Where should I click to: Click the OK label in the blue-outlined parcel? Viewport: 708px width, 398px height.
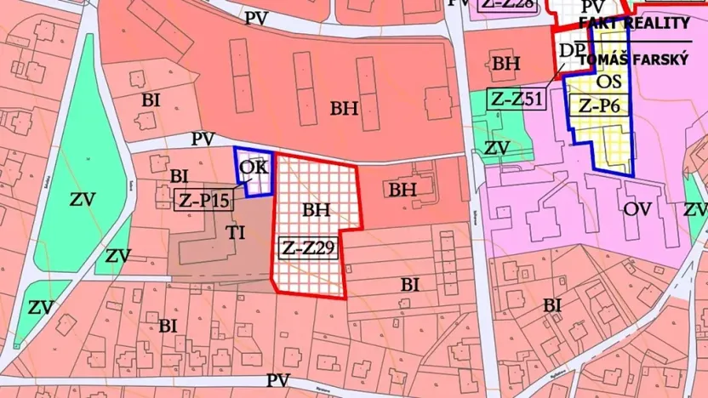[x=253, y=167]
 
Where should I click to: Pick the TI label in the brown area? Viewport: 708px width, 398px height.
[x=235, y=232]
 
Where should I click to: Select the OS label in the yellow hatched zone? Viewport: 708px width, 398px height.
[x=609, y=82]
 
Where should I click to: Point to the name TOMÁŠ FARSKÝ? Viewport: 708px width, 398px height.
[x=633, y=60]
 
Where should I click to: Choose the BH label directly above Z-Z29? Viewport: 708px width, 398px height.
[x=315, y=208]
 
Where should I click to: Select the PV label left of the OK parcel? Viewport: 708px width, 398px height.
[x=203, y=139]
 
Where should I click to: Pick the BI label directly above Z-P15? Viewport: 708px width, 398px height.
[x=179, y=176]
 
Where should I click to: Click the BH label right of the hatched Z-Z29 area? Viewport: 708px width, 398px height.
[x=403, y=190]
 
